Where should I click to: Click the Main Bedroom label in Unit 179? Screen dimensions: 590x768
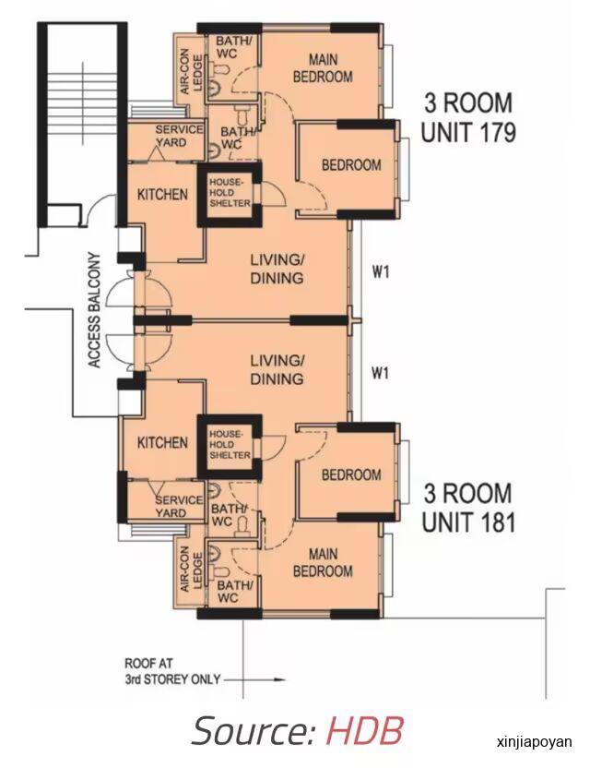coord(323,68)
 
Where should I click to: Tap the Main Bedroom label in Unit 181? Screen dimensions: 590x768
coord(323,562)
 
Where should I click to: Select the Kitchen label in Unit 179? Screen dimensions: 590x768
coord(162,195)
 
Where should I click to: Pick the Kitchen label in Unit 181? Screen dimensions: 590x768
coord(162,443)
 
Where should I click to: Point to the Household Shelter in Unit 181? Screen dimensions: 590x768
coord(230,445)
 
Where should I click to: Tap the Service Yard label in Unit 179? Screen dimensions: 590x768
coord(179,136)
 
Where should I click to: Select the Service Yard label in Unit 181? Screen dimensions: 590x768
coord(179,507)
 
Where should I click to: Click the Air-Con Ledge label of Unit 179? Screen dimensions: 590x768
coord(191,73)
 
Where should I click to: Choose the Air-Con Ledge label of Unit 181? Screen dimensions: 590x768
coord(191,570)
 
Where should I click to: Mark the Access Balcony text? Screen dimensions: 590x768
coord(94,310)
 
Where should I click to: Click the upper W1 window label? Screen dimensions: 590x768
coord(381,271)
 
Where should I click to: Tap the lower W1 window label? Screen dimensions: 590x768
coord(381,373)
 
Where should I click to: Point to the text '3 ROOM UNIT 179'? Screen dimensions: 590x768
coord(468,117)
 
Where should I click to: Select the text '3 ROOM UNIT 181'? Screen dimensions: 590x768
coord(468,508)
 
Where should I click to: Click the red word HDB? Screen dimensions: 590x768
coord(364,731)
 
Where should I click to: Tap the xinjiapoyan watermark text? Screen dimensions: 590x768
coord(534,741)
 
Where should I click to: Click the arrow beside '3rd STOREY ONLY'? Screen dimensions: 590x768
coord(254,679)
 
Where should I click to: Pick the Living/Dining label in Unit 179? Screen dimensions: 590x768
coord(277,269)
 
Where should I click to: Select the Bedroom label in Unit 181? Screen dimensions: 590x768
coord(351,474)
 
